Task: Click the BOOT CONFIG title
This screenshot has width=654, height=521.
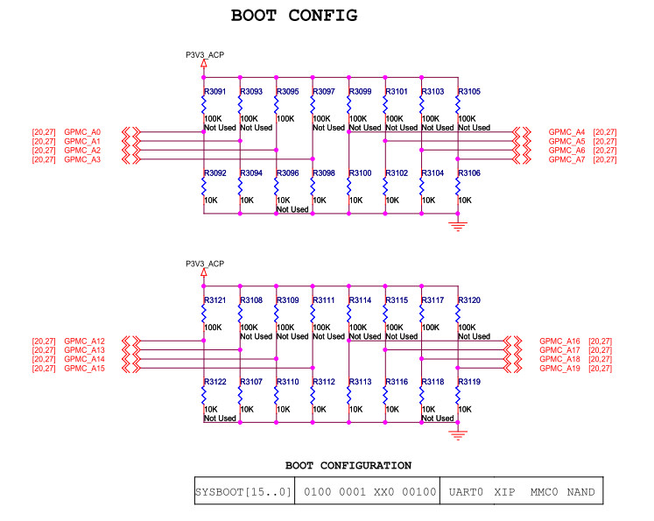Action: [x=294, y=16]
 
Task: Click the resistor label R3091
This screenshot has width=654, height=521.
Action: [x=214, y=91]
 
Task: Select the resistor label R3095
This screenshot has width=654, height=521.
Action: [x=287, y=91]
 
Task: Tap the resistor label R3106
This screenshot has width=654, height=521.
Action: [x=469, y=173]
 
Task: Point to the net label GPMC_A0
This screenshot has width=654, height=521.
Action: [x=82, y=132]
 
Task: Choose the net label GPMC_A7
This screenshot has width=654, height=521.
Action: [x=566, y=159]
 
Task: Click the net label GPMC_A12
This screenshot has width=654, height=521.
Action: [x=84, y=341]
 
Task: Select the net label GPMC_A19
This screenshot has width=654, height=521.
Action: [x=559, y=369]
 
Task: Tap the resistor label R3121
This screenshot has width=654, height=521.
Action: [x=214, y=300]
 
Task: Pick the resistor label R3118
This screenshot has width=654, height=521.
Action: [x=432, y=382]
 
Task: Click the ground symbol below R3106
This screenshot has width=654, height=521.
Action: [x=458, y=227]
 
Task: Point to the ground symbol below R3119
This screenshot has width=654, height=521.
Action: [x=458, y=435]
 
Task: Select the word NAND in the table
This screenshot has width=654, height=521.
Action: [x=580, y=492]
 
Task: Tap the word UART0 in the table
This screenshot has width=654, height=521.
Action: [x=466, y=492]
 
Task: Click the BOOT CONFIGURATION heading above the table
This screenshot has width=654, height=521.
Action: [x=348, y=466]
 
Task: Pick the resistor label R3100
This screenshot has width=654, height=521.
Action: [x=360, y=173]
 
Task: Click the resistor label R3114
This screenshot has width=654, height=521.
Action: [x=360, y=300]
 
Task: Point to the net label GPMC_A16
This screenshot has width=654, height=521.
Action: [x=559, y=341]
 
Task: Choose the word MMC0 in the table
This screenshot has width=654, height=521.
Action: [x=544, y=492]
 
